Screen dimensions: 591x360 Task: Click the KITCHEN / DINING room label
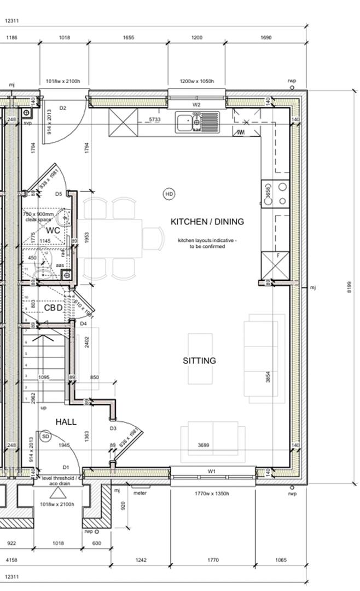point(207,222)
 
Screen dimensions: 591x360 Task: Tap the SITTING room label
point(199,361)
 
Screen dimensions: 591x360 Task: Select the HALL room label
point(66,422)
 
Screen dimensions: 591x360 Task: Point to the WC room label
point(53,230)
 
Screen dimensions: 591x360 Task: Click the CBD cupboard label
point(53,308)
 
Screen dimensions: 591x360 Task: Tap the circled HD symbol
point(169,194)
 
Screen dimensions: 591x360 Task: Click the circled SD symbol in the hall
point(46,436)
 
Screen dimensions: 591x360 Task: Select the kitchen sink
point(197,122)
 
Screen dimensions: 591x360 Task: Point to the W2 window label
point(196,104)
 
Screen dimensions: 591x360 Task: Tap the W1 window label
point(212,471)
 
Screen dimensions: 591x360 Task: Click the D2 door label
point(63,108)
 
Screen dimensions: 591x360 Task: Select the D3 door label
point(113,428)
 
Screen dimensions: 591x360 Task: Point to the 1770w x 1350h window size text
point(213,494)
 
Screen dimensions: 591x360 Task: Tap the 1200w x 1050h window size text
point(196,82)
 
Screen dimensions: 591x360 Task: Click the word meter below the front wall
point(140,493)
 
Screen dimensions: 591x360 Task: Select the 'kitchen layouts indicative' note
point(207,244)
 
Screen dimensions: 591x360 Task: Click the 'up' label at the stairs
point(44,408)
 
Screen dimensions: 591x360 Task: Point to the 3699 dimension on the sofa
point(204,445)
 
